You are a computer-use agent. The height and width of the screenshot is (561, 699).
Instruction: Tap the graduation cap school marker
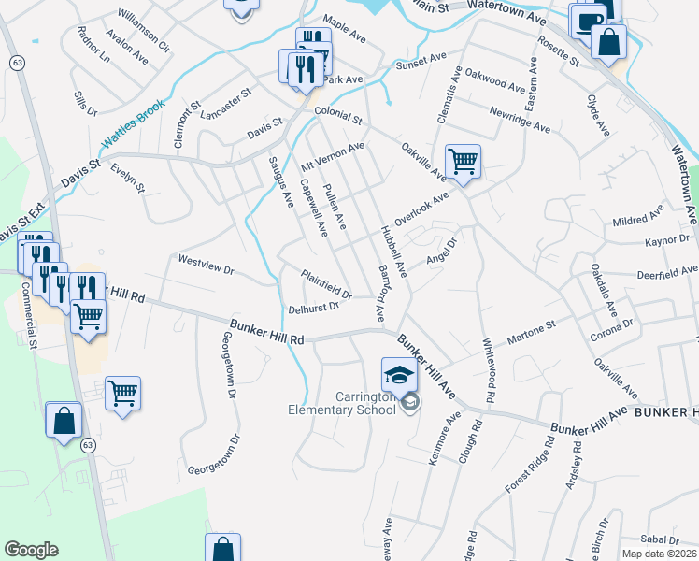click(x=398, y=376)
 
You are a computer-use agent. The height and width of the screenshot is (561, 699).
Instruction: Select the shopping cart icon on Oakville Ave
click(x=463, y=162)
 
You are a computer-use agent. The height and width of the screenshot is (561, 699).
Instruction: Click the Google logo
click(x=31, y=550)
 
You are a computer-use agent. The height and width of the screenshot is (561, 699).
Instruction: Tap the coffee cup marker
click(x=587, y=21)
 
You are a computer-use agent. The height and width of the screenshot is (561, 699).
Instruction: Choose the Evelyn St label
click(x=128, y=175)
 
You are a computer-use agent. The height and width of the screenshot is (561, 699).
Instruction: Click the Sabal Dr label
click(x=660, y=539)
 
